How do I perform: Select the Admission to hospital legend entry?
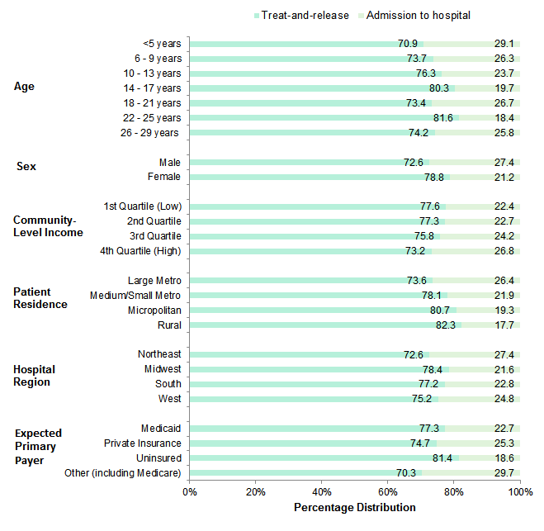tap(418, 15)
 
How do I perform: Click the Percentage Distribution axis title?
tap(354, 507)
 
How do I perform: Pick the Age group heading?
tap(25, 88)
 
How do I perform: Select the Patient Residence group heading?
tap(40, 297)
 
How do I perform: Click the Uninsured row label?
tap(158, 458)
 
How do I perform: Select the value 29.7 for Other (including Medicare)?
tap(504, 473)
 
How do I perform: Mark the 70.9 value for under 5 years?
tap(407, 44)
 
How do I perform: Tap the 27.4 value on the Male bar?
tap(504, 163)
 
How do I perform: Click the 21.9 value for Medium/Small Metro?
tap(504, 296)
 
